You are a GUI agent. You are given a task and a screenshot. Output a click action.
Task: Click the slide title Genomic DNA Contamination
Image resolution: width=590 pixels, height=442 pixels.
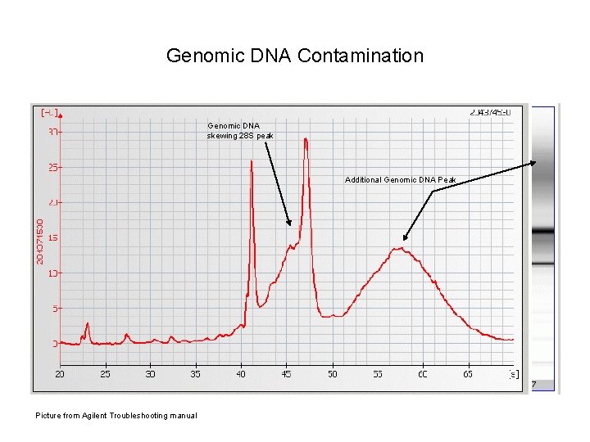point(294,56)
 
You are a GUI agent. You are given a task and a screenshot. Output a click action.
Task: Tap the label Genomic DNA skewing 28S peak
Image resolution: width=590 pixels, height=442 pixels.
point(239,130)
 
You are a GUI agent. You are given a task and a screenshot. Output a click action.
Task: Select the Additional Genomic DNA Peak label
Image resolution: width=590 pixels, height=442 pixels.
point(400,179)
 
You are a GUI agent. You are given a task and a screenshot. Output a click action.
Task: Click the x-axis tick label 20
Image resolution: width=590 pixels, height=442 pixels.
point(60,374)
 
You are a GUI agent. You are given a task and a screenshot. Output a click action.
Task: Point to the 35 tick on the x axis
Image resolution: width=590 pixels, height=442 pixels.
point(196,374)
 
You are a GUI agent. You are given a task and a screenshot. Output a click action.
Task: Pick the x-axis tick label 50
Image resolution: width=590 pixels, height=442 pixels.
point(332,374)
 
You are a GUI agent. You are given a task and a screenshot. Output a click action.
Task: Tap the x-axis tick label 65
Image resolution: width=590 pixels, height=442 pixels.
point(468,374)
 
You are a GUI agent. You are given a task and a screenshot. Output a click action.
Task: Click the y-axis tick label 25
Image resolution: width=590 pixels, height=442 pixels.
point(52,167)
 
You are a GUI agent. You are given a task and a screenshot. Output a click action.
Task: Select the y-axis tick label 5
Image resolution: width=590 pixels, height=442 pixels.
point(54,309)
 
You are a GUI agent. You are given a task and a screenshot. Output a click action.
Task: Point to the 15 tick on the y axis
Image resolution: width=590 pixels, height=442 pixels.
point(52,238)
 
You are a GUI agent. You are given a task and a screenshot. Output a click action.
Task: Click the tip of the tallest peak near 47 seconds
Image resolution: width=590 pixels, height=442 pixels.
point(306,138)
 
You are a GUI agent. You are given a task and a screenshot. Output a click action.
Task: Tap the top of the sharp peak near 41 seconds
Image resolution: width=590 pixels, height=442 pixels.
point(252,161)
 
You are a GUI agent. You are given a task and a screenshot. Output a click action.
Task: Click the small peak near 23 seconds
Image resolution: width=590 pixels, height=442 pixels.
point(87,324)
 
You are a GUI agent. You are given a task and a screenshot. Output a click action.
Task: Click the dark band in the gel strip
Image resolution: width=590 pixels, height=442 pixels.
point(542,232)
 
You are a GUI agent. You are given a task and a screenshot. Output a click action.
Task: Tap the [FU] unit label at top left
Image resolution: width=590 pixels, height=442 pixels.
point(50,111)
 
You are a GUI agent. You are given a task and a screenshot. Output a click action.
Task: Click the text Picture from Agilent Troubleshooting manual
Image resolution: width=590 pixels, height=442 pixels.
point(116,416)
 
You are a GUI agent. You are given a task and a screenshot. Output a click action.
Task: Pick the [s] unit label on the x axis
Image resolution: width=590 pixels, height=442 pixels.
point(512,374)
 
